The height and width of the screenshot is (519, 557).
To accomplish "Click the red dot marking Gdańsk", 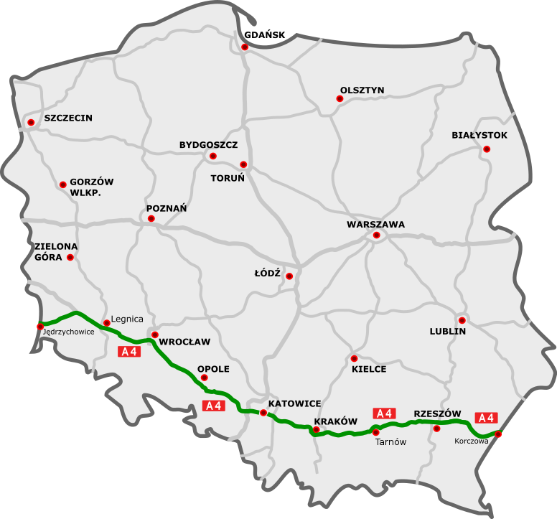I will click(x=245, y=47).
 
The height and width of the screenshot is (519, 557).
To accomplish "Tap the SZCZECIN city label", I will click(x=68, y=118).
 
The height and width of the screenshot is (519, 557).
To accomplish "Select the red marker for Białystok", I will click(x=487, y=149).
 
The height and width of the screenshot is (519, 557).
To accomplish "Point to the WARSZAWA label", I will click(x=375, y=224).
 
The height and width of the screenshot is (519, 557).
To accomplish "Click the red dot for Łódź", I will click(x=289, y=276).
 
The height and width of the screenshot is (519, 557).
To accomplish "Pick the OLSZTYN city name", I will click(x=362, y=90).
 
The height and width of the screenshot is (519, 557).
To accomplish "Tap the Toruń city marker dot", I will click(x=243, y=164).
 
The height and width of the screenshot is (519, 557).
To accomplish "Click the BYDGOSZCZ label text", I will click(x=208, y=145).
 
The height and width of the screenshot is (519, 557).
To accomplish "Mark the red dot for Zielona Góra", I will click(x=70, y=258).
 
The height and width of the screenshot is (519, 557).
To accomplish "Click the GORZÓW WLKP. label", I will click(x=91, y=188).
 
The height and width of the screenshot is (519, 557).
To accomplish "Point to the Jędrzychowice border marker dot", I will click(x=40, y=327).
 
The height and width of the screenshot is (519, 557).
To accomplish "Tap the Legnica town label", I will click(x=129, y=319).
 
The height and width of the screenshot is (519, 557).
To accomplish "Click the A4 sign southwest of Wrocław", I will click(x=130, y=352).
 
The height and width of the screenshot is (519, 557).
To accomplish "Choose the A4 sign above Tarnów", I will click(x=384, y=413).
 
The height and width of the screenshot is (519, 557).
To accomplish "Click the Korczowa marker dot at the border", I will click(x=498, y=434).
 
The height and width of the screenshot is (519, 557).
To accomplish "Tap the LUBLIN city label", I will click(x=448, y=332).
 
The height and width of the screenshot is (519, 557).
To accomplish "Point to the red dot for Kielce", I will click(x=354, y=358).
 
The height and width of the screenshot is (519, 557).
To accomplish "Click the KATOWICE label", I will click(x=294, y=403).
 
